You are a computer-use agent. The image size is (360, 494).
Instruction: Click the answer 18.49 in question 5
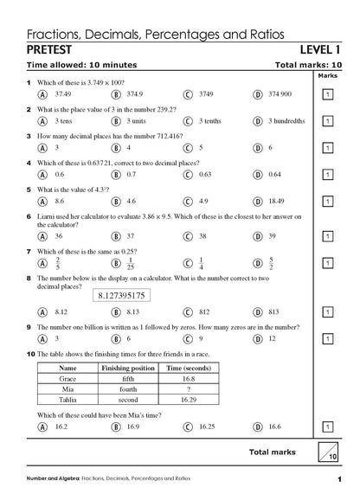tap(276, 201)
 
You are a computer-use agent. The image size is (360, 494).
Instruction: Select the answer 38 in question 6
tap(202, 235)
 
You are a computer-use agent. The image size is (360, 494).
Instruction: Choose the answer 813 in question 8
tap(273, 311)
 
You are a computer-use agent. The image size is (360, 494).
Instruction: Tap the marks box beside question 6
tap(327, 235)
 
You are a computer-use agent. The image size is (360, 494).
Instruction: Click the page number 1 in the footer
tap(339, 479)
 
